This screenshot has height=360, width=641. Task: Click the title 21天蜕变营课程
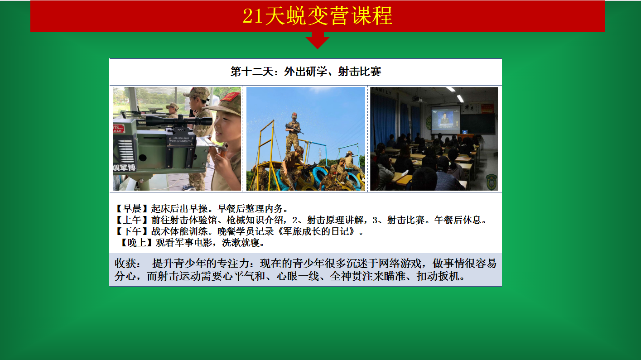(318, 16)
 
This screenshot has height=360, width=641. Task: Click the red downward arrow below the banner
(318, 40)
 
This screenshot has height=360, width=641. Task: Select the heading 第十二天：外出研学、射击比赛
(306, 72)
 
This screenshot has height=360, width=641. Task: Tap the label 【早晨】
(132, 209)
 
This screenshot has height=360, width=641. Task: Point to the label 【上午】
(132, 220)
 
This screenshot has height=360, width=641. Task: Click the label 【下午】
(132, 231)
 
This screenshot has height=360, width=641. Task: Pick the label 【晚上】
(136, 243)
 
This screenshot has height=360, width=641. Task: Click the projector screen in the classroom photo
(446, 119)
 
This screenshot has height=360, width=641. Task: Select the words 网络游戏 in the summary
(400, 264)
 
